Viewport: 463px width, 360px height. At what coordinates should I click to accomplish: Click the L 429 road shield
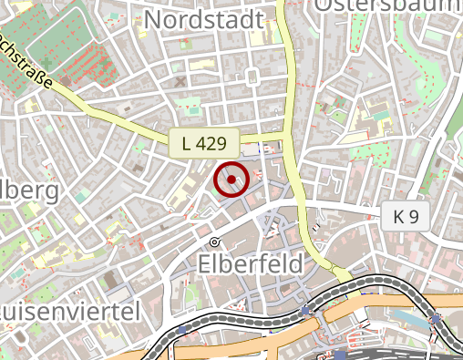coord(204,142)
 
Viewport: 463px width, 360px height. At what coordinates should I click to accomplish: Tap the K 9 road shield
coord(406,217)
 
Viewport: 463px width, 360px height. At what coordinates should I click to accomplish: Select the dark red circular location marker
coord(231,180)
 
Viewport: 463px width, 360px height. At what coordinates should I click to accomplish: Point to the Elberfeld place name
coord(251,263)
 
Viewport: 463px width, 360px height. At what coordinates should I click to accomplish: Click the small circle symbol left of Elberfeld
coord(215,242)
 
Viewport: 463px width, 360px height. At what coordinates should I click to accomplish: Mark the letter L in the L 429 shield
coord(187,142)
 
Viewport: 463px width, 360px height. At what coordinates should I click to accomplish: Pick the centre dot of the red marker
coord(231,180)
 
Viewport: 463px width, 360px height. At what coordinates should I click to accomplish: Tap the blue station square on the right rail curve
coord(437,318)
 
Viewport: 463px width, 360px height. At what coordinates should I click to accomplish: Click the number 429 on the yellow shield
coord(211,142)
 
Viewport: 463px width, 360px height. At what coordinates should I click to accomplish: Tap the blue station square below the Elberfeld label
coord(304,311)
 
